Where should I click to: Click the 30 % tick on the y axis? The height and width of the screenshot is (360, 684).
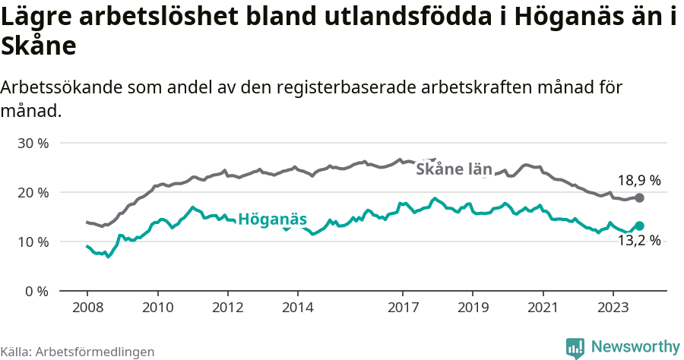[33, 143]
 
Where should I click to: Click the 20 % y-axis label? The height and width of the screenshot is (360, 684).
[33, 192]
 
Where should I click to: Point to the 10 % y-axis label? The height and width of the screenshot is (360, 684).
[33, 242]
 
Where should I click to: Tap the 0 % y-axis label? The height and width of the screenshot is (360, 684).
[36, 291]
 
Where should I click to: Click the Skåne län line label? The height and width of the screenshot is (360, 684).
[454, 169]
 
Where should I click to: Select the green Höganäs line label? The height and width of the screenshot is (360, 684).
[272, 219]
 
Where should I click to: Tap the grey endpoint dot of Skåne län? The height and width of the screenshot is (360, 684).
[640, 197]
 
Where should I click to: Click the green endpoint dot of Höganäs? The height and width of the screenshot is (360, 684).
[640, 226]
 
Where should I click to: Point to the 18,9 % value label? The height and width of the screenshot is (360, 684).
[638, 181]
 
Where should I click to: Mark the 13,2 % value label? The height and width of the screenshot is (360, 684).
[638, 241]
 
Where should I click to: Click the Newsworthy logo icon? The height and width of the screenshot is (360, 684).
[575, 347]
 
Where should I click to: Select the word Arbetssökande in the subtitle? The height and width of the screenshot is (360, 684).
[61, 87]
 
